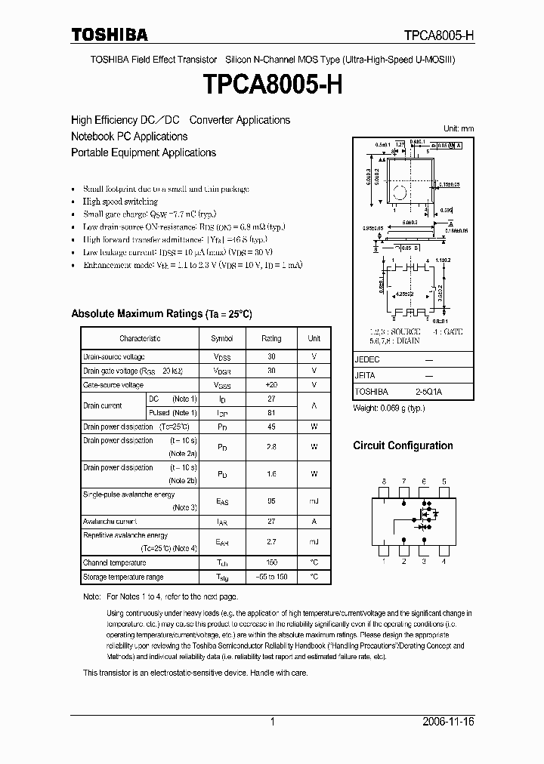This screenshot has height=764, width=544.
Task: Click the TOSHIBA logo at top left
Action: click(110, 35)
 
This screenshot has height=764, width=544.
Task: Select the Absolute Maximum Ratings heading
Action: click(161, 313)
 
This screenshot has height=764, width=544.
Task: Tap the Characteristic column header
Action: click(140, 339)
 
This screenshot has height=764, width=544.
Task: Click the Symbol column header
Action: click(222, 339)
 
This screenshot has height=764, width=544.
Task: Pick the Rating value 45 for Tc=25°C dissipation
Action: click(271, 427)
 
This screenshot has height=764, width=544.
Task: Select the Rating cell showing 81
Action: click(271, 413)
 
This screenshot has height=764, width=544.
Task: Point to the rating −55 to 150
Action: click(271, 578)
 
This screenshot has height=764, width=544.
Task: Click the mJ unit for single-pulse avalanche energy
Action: click(314, 501)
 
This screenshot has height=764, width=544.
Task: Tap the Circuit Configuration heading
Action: click(403, 446)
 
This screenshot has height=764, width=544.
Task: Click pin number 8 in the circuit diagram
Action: click(384, 481)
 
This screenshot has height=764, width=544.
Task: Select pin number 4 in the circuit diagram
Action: click(444, 562)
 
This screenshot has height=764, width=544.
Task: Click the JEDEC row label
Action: click(367, 361)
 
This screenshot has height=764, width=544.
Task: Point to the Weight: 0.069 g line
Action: click(389, 408)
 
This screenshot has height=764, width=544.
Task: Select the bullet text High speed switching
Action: click(120, 202)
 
